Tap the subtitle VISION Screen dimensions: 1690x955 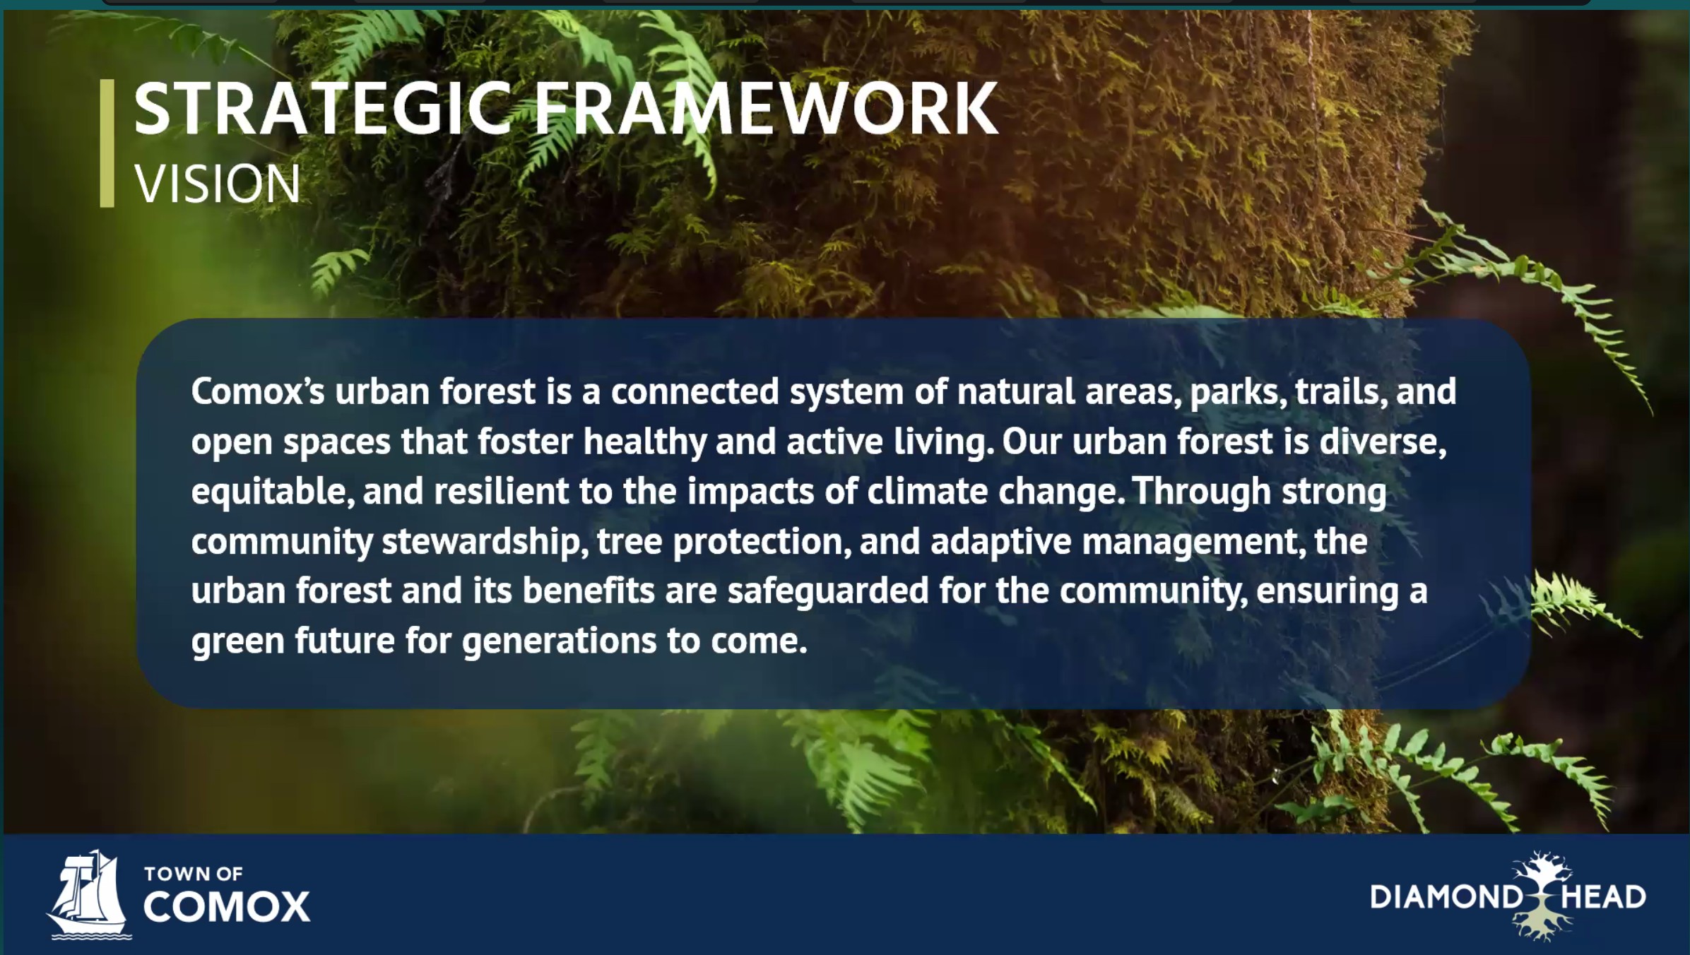click(x=218, y=184)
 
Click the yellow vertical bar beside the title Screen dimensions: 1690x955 click(x=107, y=143)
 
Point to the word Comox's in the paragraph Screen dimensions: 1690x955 click(x=258, y=391)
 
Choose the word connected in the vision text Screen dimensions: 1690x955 click(x=695, y=391)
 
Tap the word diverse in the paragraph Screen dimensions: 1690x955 click(x=1383, y=442)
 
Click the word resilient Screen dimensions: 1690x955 click(x=501, y=491)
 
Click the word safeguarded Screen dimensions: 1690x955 click(x=828, y=591)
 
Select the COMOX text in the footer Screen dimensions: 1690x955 click(x=227, y=907)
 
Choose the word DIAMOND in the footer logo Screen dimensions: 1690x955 click(x=1446, y=897)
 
